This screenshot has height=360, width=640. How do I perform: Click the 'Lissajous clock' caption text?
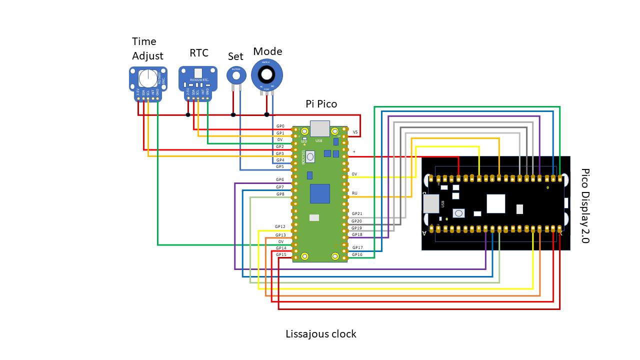pos(320,334)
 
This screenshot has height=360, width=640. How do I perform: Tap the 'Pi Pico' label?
pos(321,104)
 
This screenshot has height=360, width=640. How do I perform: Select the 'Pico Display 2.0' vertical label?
pos(585,205)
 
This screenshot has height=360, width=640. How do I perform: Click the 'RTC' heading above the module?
pos(198,53)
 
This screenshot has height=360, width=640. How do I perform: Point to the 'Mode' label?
pos(267,51)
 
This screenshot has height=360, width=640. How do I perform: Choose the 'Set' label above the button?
pos(235,56)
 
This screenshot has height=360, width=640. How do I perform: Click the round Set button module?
pos(236,75)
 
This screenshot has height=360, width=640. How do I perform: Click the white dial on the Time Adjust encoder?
pos(148,78)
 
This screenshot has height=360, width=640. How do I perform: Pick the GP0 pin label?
pos(280,126)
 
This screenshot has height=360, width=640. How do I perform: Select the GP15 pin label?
pos(281,254)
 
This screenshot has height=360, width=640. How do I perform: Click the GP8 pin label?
pos(280,194)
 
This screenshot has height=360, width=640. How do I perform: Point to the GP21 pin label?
pos(356,214)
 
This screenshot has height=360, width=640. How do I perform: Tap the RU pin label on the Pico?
pos(354,192)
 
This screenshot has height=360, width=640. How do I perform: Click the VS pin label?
pos(355,132)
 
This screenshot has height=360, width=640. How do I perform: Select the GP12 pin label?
pos(280,226)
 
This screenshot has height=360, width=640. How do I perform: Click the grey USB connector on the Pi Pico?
pos(319,128)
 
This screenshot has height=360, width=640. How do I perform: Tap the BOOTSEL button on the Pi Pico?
pos(310,157)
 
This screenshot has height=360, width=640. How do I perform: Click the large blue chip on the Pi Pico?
pos(319,193)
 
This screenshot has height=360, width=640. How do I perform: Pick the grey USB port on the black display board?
pos(430,203)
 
